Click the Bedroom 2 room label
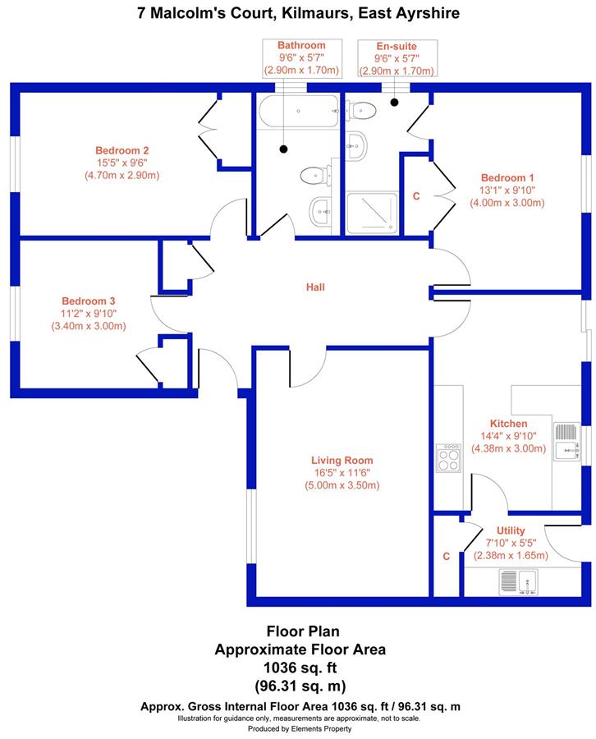[x=121, y=150]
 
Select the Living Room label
[x=342, y=461]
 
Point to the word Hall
[x=315, y=287]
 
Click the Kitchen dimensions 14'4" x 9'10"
[x=507, y=436]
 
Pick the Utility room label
[x=511, y=530]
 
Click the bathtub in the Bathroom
[x=297, y=111]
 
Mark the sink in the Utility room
[x=517, y=582]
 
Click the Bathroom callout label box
[x=301, y=57]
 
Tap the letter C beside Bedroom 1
[x=416, y=196]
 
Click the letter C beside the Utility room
[x=447, y=556]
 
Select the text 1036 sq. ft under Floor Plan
[x=300, y=667]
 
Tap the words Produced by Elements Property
[x=300, y=728]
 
